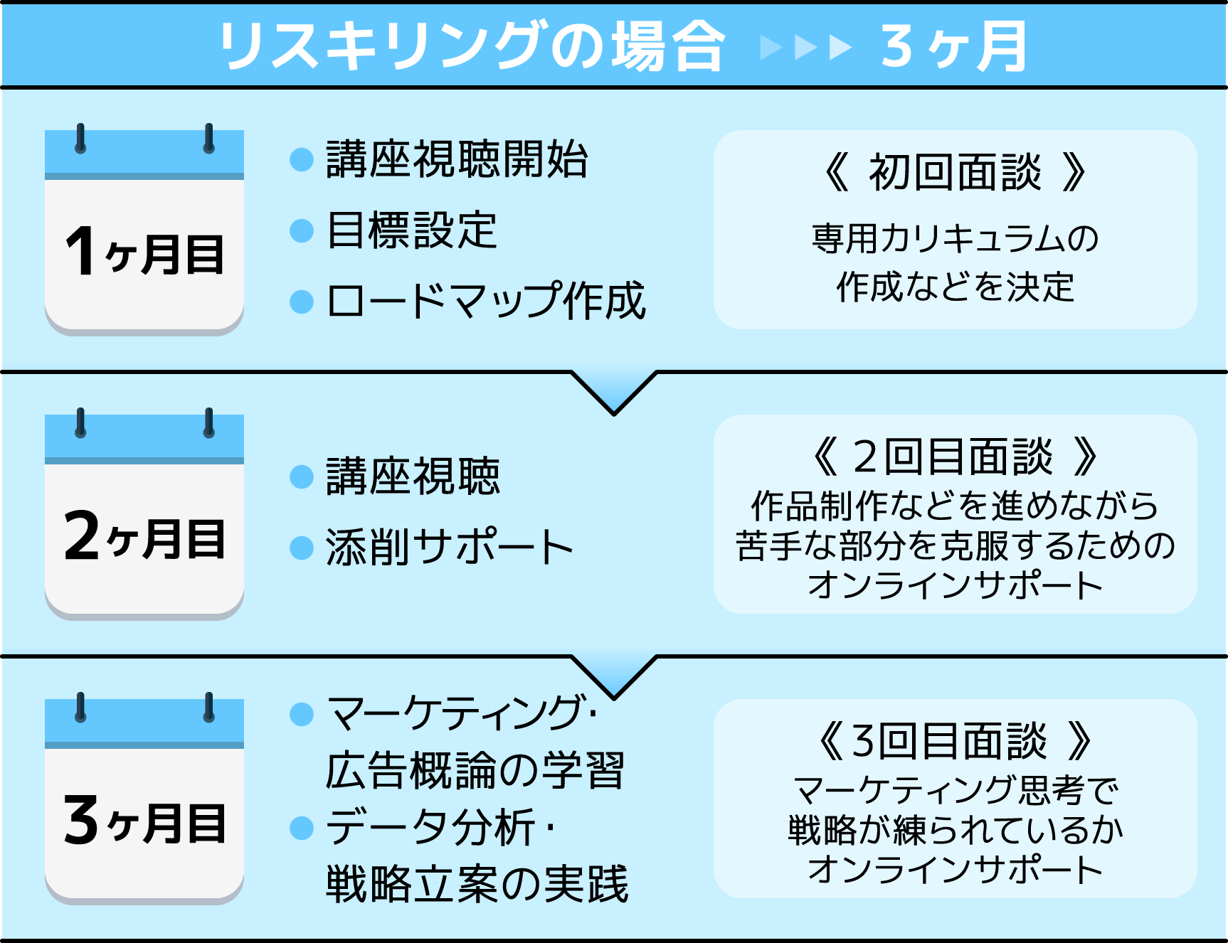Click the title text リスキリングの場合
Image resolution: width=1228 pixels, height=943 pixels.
[472, 46]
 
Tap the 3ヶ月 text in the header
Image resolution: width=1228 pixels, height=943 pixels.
[953, 46]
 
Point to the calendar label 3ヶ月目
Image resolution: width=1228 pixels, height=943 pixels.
[144, 821]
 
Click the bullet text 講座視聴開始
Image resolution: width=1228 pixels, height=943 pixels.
[457, 159]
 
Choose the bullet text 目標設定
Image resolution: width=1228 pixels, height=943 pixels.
[411, 230]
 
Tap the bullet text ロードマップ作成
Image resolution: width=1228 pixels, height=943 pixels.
[486, 301]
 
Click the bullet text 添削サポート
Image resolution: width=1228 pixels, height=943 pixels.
[449, 547]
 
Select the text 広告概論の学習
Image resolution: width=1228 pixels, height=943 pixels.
[475, 770]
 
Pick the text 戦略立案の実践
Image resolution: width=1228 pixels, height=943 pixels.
[477, 884]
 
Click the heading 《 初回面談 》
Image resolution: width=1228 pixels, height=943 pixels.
[955, 172]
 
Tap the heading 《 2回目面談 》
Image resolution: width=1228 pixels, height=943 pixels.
[955, 457]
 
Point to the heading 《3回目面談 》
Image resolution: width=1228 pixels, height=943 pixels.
[955, 741]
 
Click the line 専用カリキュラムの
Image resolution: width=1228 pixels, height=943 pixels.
[955, 238]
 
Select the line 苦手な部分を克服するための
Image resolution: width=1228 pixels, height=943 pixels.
[955, 545]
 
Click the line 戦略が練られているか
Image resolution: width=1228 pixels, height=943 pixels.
[955, 830]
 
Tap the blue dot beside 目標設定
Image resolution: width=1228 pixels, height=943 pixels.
[302, 230]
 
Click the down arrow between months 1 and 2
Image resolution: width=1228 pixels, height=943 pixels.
[613, 391]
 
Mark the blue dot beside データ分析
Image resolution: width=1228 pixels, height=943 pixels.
[302, 828]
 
